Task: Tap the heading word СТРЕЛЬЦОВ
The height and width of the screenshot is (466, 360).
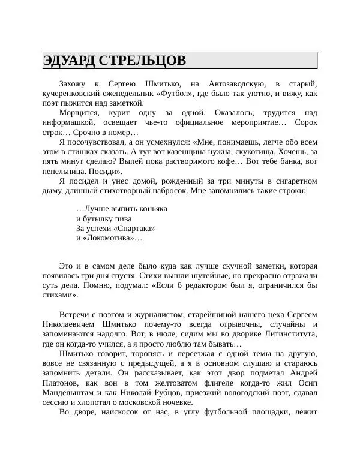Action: coord(142,61)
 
